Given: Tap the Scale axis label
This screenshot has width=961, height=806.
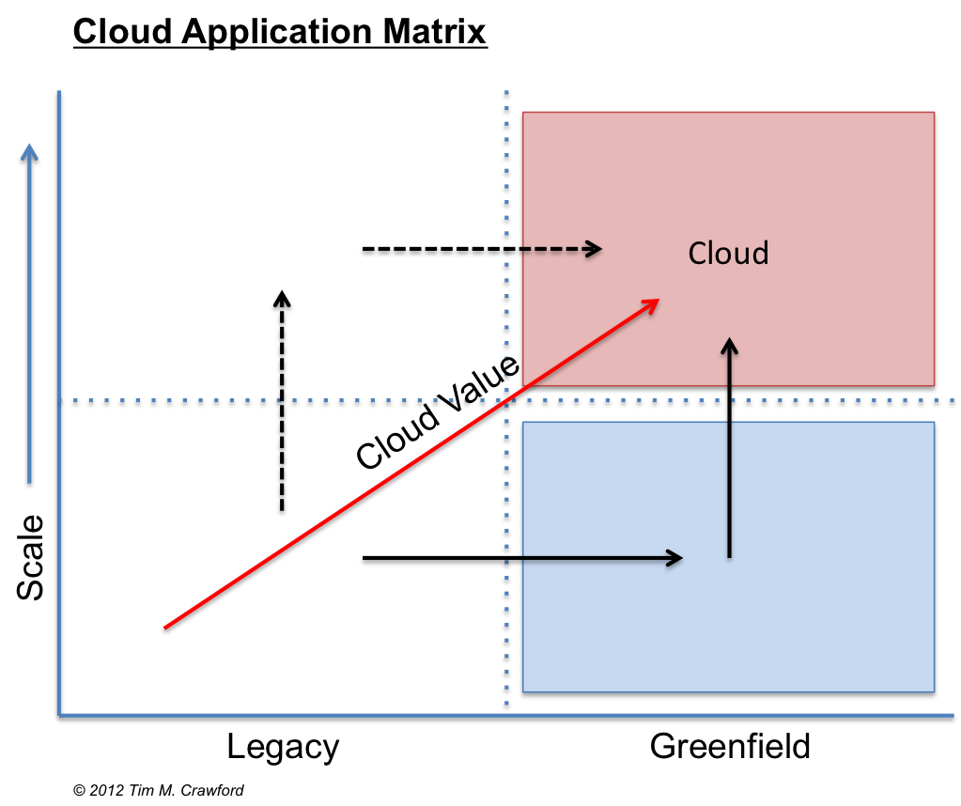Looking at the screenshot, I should click(31, 557).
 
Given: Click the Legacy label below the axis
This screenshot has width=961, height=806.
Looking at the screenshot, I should click(283, 748).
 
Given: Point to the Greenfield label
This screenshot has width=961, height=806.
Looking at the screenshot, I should click(730, 748).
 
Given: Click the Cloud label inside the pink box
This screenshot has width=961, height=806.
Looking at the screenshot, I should click(728, 254).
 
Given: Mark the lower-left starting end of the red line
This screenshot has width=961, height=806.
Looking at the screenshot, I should click(166, 628).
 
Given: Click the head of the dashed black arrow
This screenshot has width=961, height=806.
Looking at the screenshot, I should click(595, 249).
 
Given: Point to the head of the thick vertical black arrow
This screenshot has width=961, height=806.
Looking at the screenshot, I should click(281, 299).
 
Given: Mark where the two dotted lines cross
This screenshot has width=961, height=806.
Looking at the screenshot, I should click(507, 403).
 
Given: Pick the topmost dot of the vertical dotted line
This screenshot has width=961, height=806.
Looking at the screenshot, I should click(507, 95).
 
